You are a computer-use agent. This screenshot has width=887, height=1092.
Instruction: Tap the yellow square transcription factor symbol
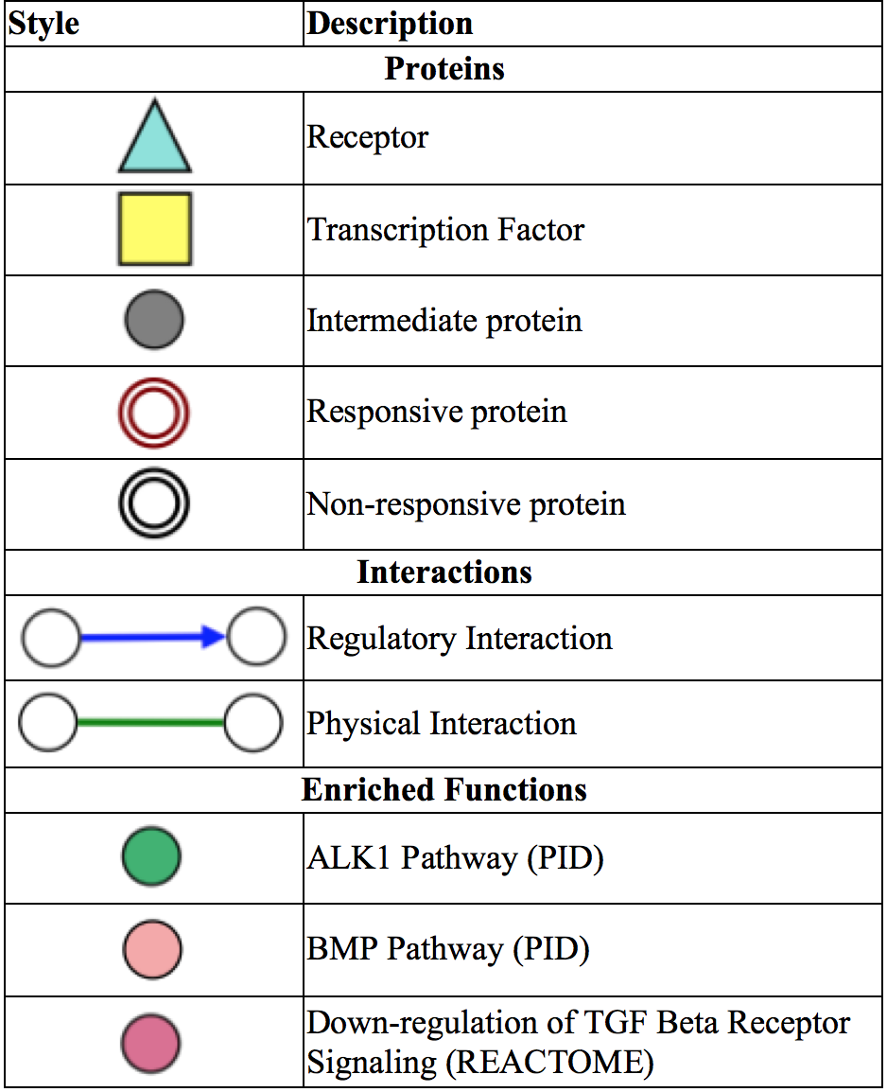click(x=154, y=229)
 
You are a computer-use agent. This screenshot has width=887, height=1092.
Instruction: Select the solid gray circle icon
click(x=154, y=321)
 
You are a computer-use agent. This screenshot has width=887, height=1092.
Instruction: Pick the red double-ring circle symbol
click(x=154, y=413)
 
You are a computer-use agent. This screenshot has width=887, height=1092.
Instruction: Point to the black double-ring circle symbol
click(x=154, y=503)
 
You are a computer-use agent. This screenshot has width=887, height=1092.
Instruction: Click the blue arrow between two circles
click(x=152, y=639)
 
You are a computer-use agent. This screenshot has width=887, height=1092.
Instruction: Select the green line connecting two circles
click(x=150, y=723)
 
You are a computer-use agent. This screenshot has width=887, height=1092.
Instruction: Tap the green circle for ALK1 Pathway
click(x=151, y=857)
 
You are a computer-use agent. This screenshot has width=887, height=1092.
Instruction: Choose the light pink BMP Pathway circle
click(x=151, y=950)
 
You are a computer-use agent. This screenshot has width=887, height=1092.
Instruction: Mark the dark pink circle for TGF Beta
click(x=151, y=1043)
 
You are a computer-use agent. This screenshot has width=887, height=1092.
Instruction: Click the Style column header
click(x=43, y=23)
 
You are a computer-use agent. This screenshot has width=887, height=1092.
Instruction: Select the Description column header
click(x=391, y=23)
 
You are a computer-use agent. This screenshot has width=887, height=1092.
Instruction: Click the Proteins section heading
click(x=444, y=69)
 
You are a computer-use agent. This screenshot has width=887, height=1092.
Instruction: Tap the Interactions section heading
click(x=444, y=572)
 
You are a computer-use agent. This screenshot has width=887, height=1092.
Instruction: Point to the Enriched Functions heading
click(x=444, y=790)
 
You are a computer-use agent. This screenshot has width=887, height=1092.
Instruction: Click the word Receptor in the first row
click(x=368, y=138)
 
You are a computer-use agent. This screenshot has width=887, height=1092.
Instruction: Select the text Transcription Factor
click(x=445, y=230)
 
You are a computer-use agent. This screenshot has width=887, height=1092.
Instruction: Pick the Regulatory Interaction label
click(x=460, y=639)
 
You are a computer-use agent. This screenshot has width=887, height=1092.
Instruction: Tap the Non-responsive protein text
click(x=466, y=504)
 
